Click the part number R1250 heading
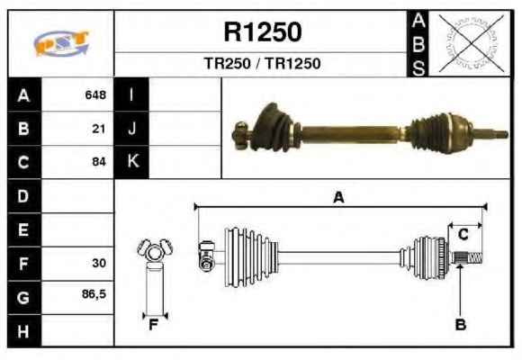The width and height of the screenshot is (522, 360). pyautogui.click(x=263, y=31)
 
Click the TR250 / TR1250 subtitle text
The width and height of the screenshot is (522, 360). pyautogui.click(x=262, y=63)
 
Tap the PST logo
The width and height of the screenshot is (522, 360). pyautogui.click(x=61, y=43)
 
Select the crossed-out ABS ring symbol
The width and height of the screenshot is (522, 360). pyautogui.click(x=471, y=43)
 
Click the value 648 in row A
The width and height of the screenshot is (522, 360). pyautogui.click(x=95, y=94)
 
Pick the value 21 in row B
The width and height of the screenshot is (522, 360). pyautogui.click(x=99, y=129)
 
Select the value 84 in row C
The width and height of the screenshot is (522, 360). pyautogui.click(x=99, y=162)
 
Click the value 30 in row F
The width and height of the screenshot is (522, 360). pyautogui.click(x=99, y=263)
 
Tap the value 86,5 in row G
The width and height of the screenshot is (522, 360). pyautogui.click(x=94, y=294)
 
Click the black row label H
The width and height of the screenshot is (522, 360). pyautogui.click(x=23, y=331)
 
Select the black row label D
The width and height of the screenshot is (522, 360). pyautogui.click(x=23, y=196)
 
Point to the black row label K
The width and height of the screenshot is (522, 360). pyautogui.click(x=132, y=162)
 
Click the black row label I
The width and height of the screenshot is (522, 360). pyautogui.click(x=131, y=94)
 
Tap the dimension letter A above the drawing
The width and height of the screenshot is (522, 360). pyautogui.click(x=338, y=197)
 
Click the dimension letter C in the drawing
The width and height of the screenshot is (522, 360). pyautogui.click(x=463, y=235)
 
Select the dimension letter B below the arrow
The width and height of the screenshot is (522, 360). pyautogui.click(x=461, y=324)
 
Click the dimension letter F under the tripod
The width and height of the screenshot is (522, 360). pyautogui.click(x=153, y=325)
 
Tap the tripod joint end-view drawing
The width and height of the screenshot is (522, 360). pyautogui.click(x=155, y=276)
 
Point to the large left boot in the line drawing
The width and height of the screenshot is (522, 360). pyautogui.click(x=251, y=257)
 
